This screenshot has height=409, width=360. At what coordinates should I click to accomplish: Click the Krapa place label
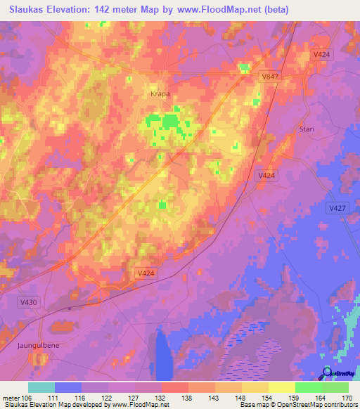(160, 93)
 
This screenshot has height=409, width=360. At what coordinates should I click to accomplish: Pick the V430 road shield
(28, 301)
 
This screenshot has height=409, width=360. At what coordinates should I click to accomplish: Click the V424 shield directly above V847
(321, 54)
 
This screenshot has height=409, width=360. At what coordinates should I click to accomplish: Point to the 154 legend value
(268, 397)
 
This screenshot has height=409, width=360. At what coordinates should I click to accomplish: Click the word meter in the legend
(11, 397)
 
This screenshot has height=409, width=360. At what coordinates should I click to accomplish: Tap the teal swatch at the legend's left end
(41, 387)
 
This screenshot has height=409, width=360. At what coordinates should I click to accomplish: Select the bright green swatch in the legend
(308, 387)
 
